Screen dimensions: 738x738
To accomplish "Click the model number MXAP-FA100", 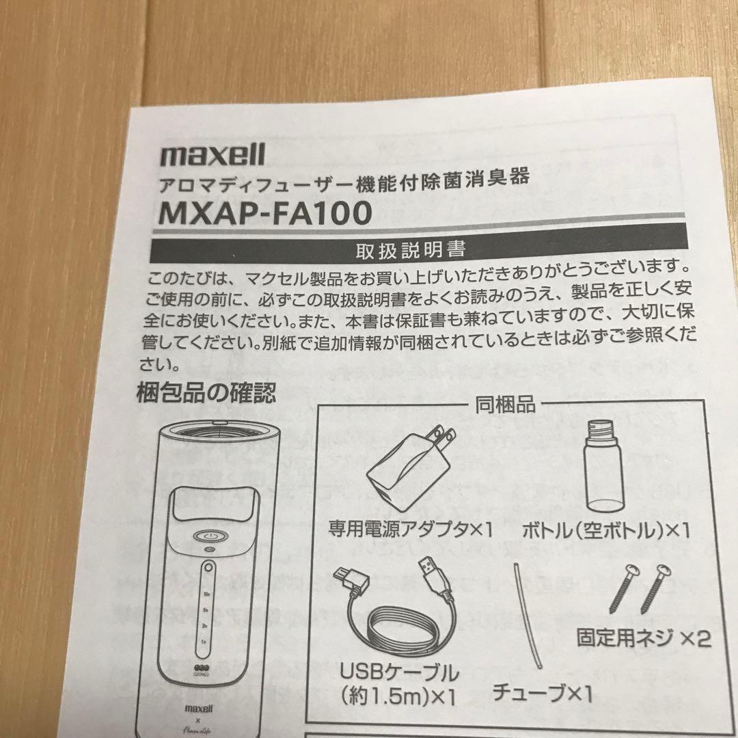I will click(x=265, y=213).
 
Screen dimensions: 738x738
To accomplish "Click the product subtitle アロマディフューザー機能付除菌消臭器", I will click(x=344, y=181).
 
